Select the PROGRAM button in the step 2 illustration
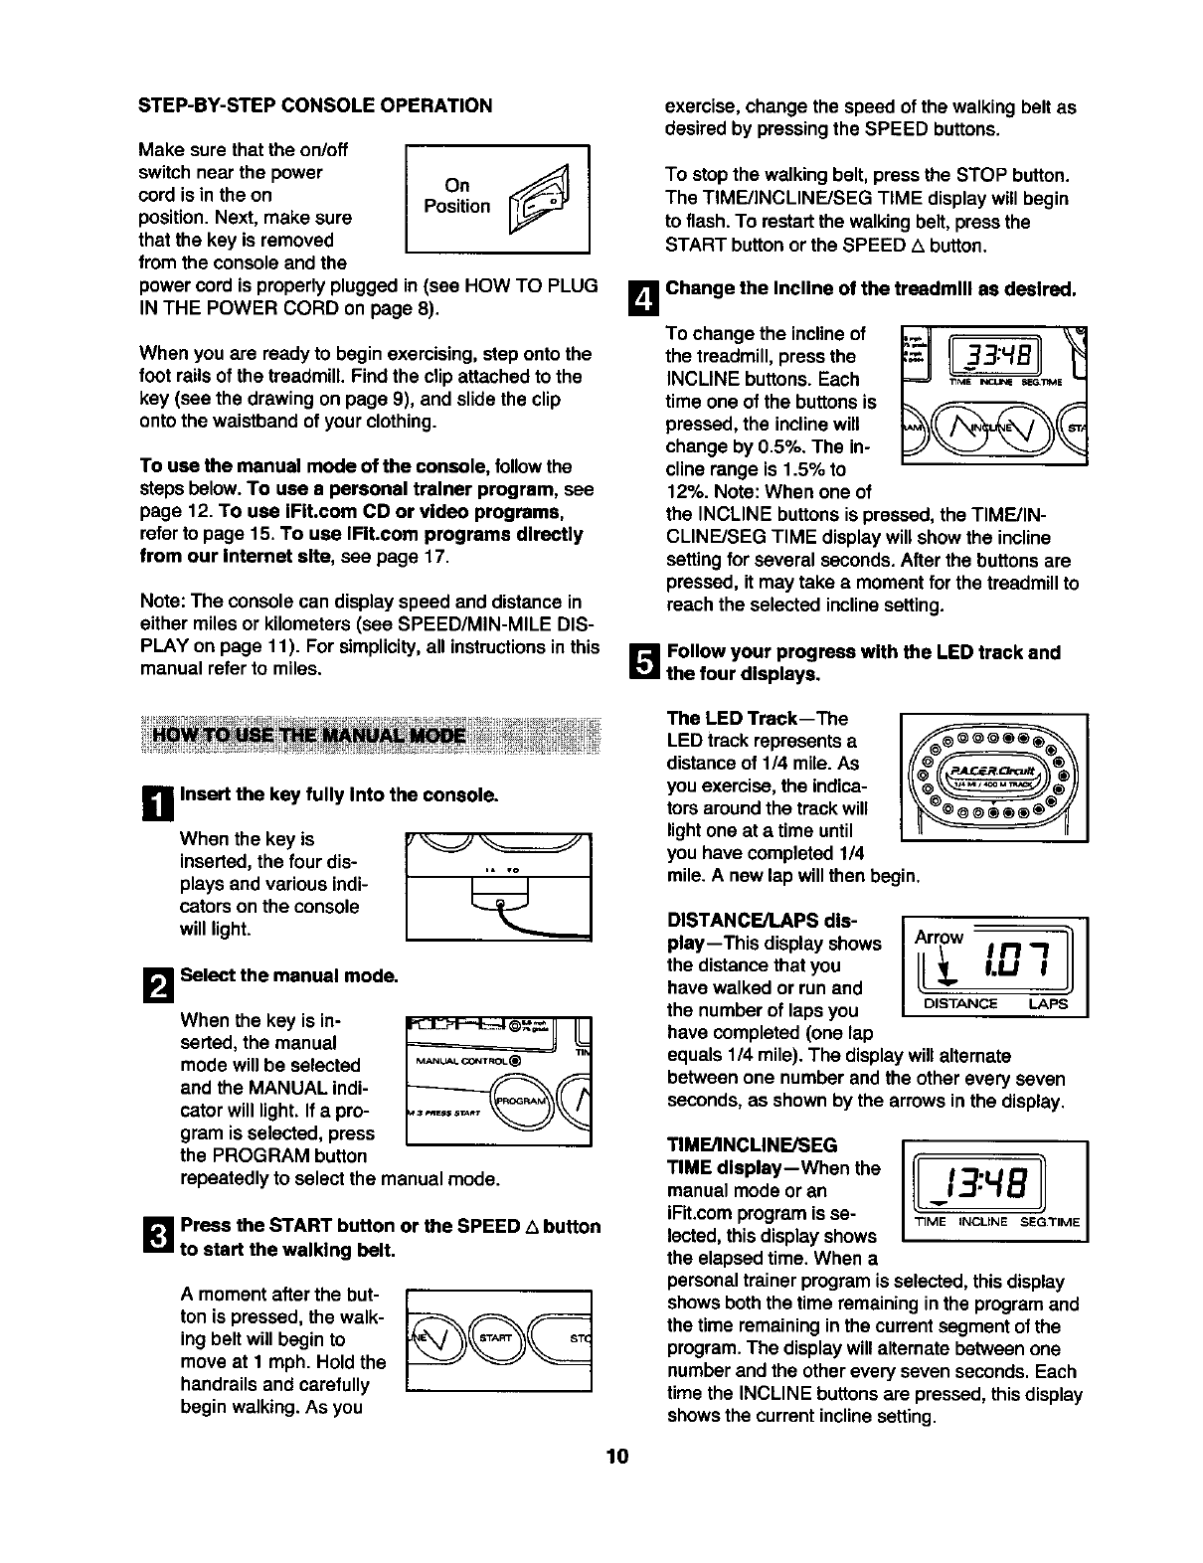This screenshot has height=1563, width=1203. click(519, 1104)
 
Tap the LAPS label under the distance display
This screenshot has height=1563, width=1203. click(1047, 1003)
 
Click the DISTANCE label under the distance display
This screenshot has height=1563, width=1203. click(960, 1003)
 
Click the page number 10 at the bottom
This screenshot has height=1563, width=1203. click(616, 1458)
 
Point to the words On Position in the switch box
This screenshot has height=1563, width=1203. click(457, 196)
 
